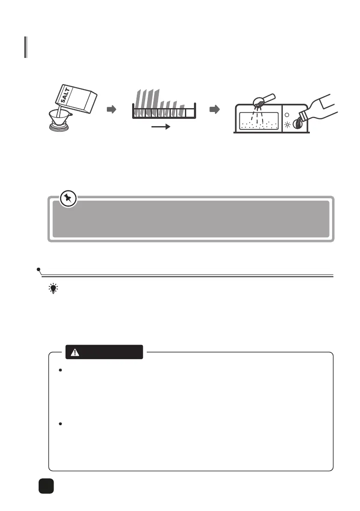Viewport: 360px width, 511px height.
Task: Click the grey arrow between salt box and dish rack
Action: tap(111, 110)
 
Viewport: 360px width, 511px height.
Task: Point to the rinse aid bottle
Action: tap(322, 109)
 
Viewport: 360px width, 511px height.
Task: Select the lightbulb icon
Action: tap(53, 289)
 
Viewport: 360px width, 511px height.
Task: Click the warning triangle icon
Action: tap(76, 352)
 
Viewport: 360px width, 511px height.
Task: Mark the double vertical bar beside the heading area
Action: tap(26, 47)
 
